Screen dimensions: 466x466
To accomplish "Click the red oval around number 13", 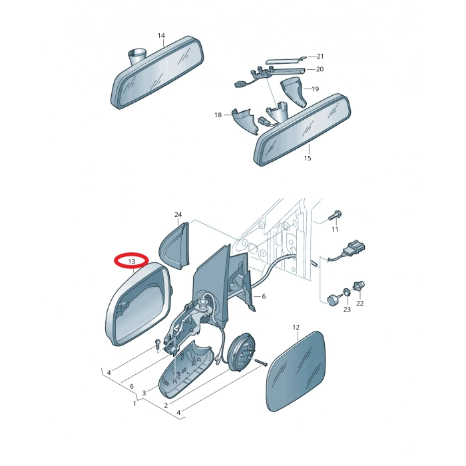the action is coord(131,255).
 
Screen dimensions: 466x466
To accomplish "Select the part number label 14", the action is coord(161,36).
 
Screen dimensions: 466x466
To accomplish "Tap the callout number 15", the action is coord(308,158).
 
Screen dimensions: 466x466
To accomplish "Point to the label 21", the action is coord(320,56).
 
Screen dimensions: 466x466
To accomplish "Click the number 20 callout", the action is coord(320,69).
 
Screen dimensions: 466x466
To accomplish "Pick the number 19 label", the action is coord(316,89).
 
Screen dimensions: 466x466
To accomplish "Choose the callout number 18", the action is coord(218,115).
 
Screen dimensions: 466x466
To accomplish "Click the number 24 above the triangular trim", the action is coord(178,214).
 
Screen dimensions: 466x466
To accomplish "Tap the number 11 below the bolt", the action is coord(335,229).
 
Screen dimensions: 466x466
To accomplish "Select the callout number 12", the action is coord(296,328).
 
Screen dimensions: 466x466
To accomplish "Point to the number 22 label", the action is coord(360,303).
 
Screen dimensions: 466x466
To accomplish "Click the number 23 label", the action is coord(347,310).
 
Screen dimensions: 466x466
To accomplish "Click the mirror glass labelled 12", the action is coord(295,371).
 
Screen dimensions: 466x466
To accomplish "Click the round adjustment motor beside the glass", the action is coord(241,352).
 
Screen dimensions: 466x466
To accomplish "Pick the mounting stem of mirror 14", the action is coord(136,57).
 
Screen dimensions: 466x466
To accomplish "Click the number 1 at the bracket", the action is coord(134,403).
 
